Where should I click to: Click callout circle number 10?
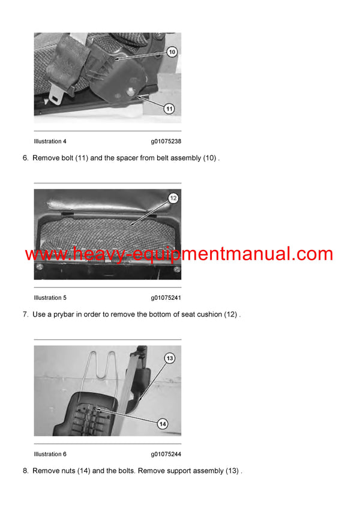(x=172, y=52)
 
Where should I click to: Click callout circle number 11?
(x=169, y=109)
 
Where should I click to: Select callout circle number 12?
(x=173, y=198)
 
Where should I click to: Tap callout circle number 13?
(x=170, y=358)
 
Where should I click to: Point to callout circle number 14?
(x=162, y=423)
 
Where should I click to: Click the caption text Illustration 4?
(x=50, y=141)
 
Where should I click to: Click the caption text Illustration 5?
(x=50, y=298)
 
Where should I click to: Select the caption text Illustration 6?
(x=50, y=454)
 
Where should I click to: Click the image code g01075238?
(x=166, y=141)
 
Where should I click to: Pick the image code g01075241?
(x=166, y=298)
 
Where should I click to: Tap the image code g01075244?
(x=166, y=454)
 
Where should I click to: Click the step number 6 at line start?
(x=25, y=158)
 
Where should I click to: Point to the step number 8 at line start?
(x=25, y=471)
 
